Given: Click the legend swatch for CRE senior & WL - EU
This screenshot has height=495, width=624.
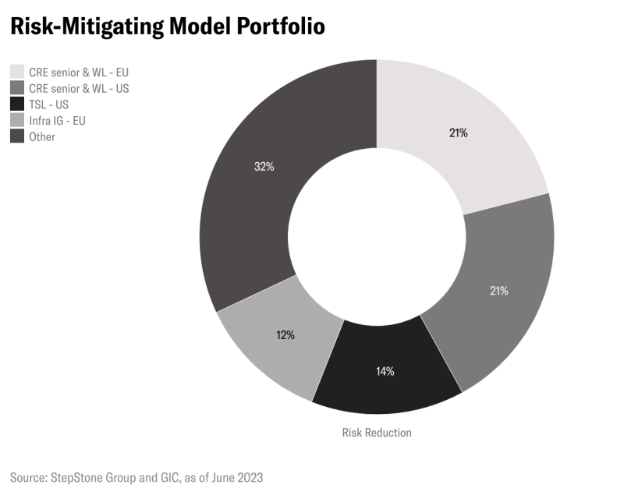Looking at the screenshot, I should pyautogui.click(x=16, y=72).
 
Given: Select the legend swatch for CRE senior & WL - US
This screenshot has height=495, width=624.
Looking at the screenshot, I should pyautogui.click(x=16, y=88).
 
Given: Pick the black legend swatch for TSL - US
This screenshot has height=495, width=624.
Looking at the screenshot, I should pyautogui.click(x=16, y=104).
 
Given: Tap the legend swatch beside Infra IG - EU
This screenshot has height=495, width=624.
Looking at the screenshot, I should pyautogui.click(x=16, y=121).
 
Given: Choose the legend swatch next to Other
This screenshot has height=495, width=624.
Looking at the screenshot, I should pyautogui.click(x=16, y=136).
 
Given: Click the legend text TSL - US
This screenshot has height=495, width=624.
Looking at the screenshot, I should pyautogui.click(x=49, y=104).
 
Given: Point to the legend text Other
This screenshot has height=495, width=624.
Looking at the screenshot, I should pyautogui.click(x=42, y=136).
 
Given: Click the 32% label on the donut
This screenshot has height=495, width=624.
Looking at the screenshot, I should pyautogui.click(x=264, y=167).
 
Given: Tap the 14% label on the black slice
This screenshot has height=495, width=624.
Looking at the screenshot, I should pyautogui.click(x=385, y=371).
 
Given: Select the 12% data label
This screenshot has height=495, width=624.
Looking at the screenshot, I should pyautogui.click(x=285, y=335).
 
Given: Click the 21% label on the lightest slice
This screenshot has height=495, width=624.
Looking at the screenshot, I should pyautogui.click(x=458, y=133).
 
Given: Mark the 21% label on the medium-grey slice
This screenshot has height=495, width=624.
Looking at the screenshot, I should pyautogui.click(x=499, y=291).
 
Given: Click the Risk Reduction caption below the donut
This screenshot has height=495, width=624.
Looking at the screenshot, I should pyautogui.click(x=377, y=432).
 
